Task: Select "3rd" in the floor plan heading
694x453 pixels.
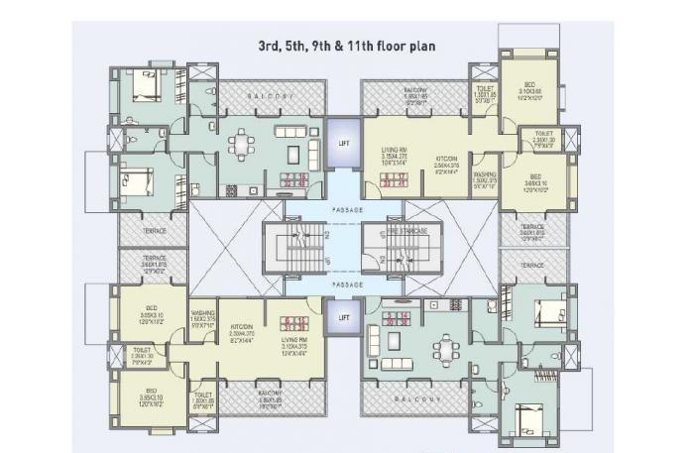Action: pos(272,46)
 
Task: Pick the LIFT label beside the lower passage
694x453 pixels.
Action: pos(343,317)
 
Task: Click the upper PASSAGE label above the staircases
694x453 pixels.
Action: pos(342,212)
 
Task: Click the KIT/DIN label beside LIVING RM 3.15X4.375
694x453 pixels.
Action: pos(444,162)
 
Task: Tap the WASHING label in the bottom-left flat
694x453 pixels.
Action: pos(202,317)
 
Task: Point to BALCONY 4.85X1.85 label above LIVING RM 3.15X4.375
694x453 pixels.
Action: pos(414,95)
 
